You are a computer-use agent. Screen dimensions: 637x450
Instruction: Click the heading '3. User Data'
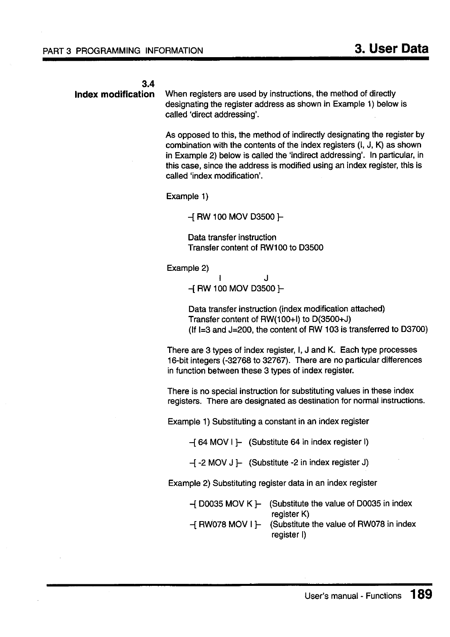click(x=392, y=49)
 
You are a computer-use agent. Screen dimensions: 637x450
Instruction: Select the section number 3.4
click(x=148, y=84)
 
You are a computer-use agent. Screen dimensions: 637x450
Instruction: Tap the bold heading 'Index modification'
click(x=115, y=94)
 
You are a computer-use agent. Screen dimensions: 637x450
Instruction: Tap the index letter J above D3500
click(x=266, y=278)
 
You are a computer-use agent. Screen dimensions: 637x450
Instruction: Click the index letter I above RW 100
click(x=220, y=278)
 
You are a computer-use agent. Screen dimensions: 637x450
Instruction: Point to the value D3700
click(x=414, y=330)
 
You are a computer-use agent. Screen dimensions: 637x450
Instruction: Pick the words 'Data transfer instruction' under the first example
click(x=232, y=237)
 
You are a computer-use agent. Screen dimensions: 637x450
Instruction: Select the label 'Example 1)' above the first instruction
click(x=187, y=196)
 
